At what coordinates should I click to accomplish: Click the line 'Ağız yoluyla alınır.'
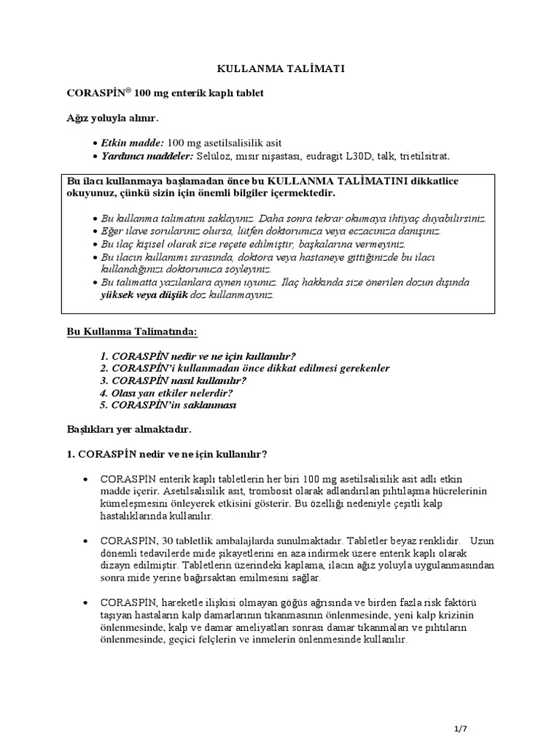click(112, 117)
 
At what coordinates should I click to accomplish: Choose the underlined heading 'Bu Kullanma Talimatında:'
click(132, 331)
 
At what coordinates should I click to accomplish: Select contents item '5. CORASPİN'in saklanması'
click(168, 405)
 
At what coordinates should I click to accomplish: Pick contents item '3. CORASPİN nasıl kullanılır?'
click(174, 380)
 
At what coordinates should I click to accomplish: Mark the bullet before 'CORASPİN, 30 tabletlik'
click(88, 541)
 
